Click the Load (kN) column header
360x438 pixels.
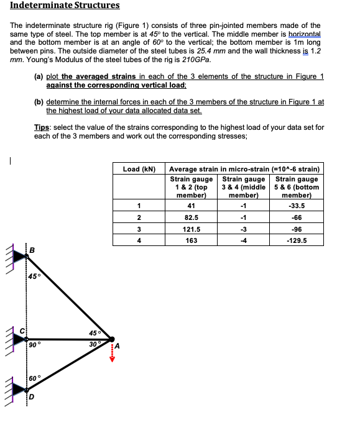click(x=139, y=168)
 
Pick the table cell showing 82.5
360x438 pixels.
click(x=192, y=217)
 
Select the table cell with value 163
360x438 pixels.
click(x=192, y=240)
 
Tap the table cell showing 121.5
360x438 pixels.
click(x=192, y=229)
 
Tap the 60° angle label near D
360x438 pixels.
click(x=37, y=377)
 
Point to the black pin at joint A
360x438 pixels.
click(x=112, y=339)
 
